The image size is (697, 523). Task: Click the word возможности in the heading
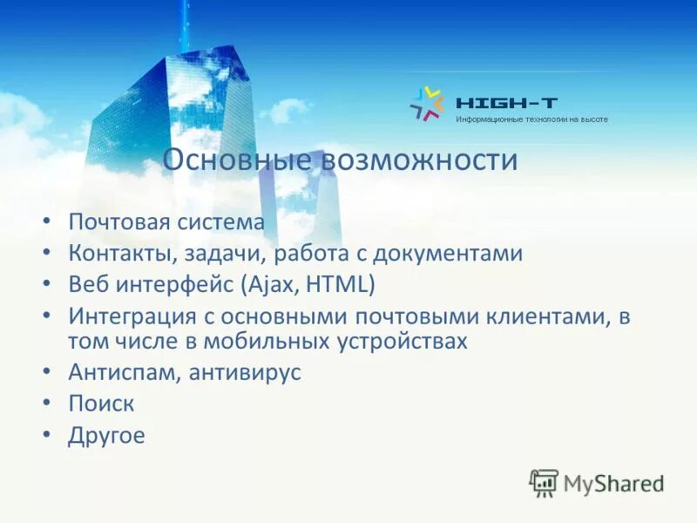click(x=420, y=160)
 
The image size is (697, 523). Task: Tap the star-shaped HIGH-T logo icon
click(x=427, y=104)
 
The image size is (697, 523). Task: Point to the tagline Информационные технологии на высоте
click(x=531, y=119)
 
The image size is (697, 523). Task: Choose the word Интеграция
click(x=129, y=316)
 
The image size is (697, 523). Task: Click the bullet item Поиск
click(x=101, y=404)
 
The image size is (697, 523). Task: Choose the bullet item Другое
click(x=106, y=435)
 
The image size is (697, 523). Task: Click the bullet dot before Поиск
click(x=46, y=404)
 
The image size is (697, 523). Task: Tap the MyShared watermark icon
click(x=544, y=483)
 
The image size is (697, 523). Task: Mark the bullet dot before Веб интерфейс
click(x=46, y=285)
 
